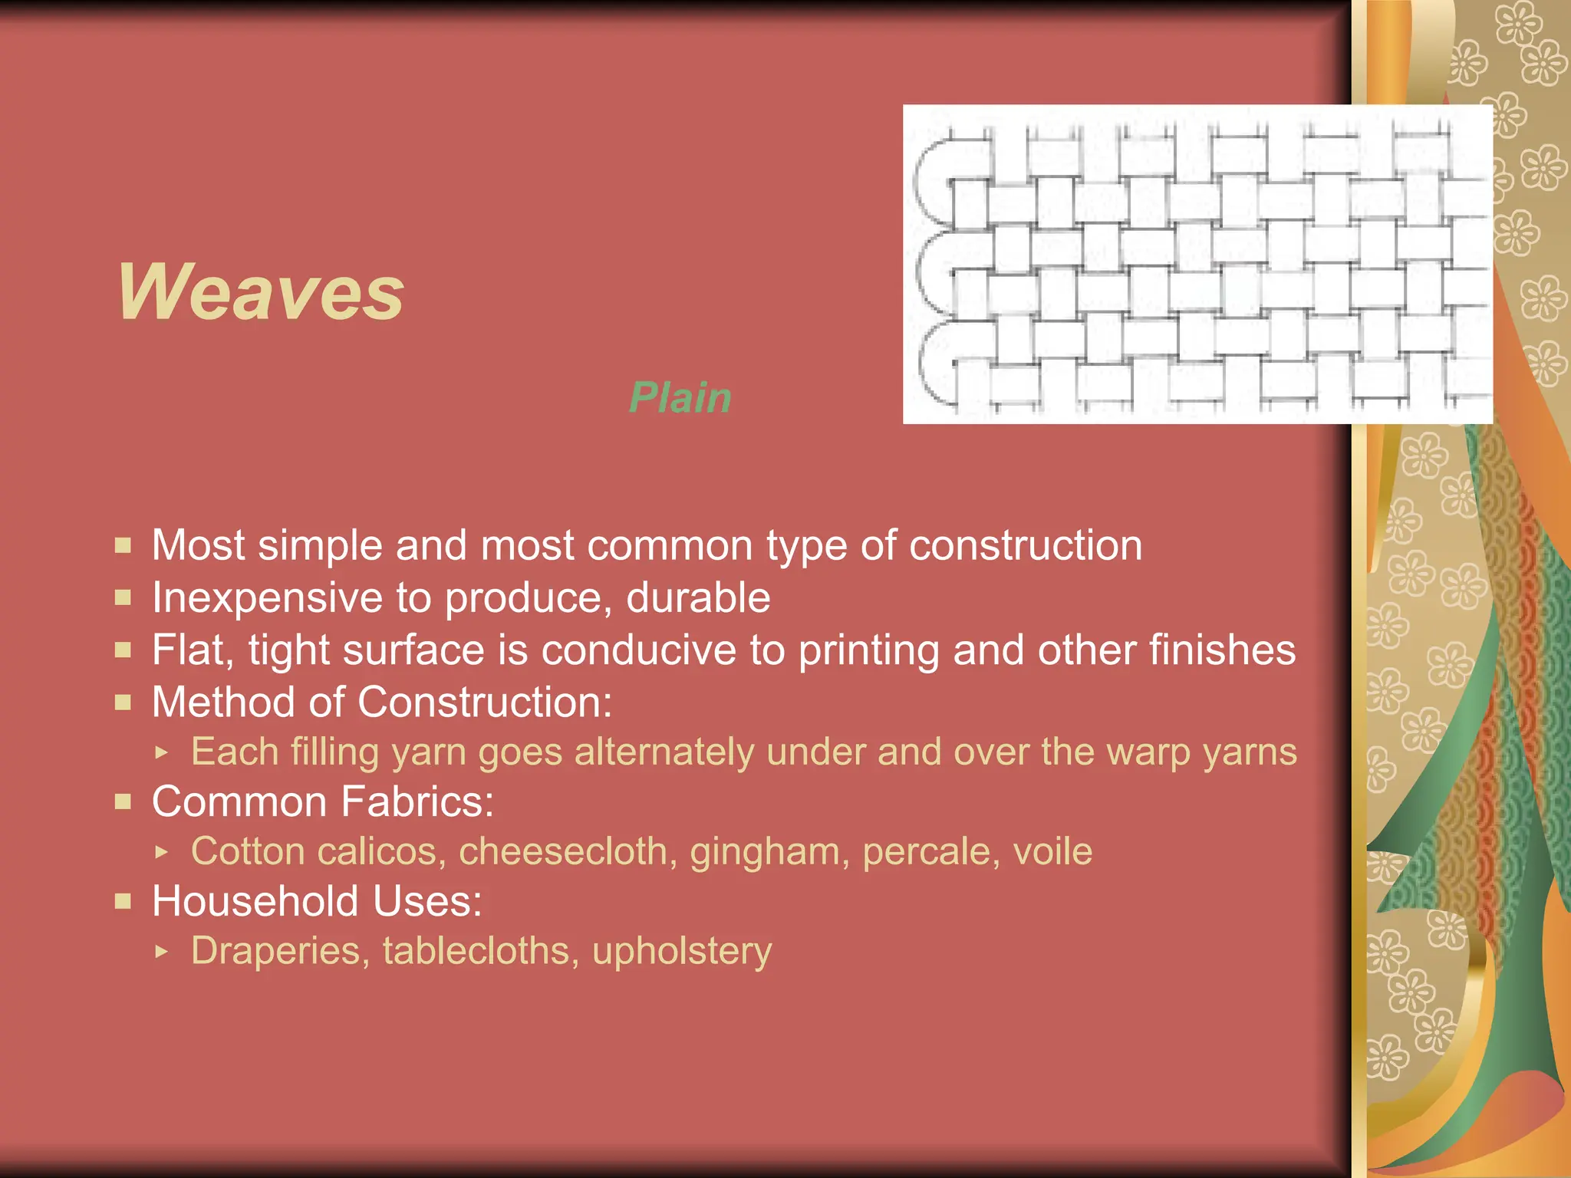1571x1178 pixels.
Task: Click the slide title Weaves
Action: click(x=260, y=292)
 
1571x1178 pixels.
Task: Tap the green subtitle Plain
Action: click(x=680, y=397)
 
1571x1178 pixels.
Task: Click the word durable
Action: click(x=698, y=597)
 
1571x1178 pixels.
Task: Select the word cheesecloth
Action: click(x=568, y=851)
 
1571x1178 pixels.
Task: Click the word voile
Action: click(x=1052, y=851)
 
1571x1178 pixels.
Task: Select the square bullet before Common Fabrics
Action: click(x=123, y=801)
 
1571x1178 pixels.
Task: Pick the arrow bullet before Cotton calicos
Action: click(x=160, y=851)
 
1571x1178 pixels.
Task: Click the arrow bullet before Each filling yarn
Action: click(x=160, y=752)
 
